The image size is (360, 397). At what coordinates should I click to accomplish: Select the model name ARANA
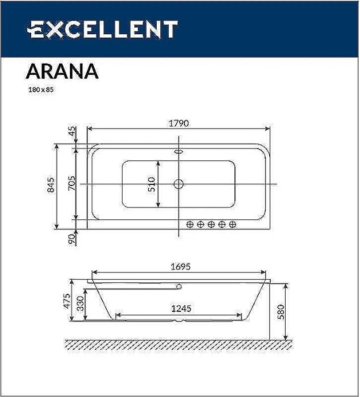tap(62, 71)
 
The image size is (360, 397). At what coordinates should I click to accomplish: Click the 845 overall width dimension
tap(51, 185)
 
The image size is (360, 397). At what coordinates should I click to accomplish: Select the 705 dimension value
tap(72, 183)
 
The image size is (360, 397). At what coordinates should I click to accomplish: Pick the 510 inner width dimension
tap(152, 183)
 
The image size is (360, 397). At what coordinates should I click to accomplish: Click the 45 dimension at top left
tap(72, 132)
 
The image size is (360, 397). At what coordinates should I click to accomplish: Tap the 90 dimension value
tap(72, 239)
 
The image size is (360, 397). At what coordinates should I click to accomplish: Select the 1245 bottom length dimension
tap(179, 309)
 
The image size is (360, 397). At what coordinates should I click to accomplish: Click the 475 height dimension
tap(66, 301)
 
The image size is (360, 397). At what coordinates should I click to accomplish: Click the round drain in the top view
tap(178, 184)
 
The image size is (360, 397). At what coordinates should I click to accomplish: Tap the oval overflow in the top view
tap(179, 151)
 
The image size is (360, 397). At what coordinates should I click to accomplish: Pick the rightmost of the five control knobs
tap(232, 225)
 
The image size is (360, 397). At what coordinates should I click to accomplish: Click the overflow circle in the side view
tap(179, 286)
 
